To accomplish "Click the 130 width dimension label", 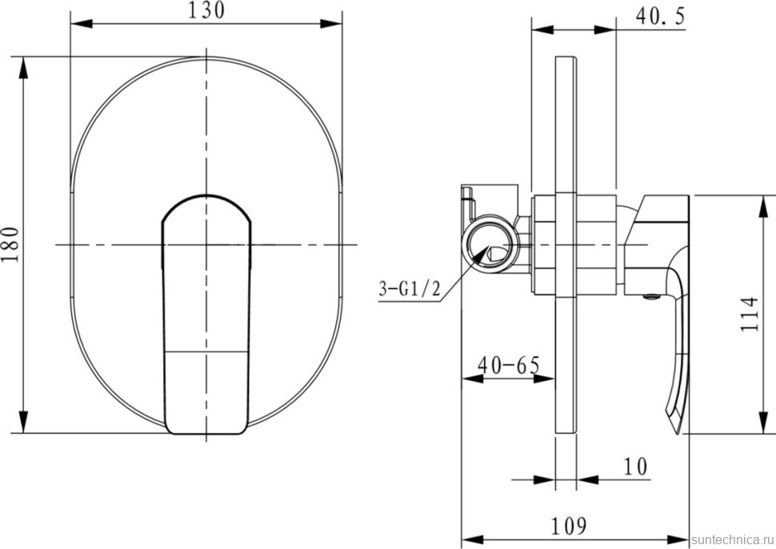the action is (x=206, y=10).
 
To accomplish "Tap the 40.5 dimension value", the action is (x=660, y=16).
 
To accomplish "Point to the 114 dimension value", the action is (x=750, y=315).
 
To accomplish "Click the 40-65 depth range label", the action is (x=509, y=366).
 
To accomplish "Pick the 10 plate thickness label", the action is (x=635, y=467).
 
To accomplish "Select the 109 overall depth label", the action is (x=569, y=526).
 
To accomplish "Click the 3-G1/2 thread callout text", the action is (x=410, y=288).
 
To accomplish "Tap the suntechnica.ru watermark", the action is (x=733, y=539).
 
